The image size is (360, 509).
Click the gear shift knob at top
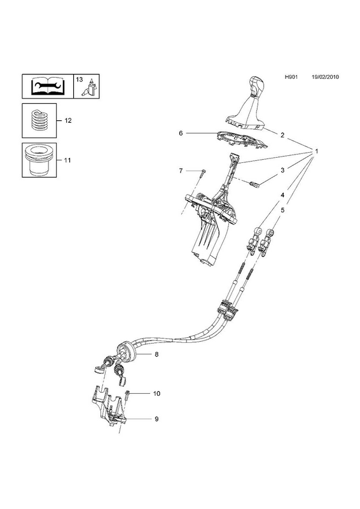point(256,87)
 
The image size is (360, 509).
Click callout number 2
point(282,135)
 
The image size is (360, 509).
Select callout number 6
point(181,133)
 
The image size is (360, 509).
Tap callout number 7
point(181,171)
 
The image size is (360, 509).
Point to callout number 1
point(317,151)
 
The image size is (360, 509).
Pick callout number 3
point(282,170)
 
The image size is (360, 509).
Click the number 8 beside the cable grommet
point(156,354)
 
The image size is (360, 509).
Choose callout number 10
point(156,393)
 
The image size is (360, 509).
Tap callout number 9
point(156,419)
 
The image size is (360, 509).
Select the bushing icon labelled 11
point(39,160)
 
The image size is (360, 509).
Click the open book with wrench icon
point(48,87)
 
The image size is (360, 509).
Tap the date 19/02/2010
point(325,77)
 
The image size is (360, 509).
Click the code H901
point(291,77)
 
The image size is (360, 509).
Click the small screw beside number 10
point(127,395)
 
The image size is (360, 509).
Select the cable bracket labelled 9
point(108,407)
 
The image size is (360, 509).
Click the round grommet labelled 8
point(126,352)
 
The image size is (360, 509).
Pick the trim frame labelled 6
point(244,139)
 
